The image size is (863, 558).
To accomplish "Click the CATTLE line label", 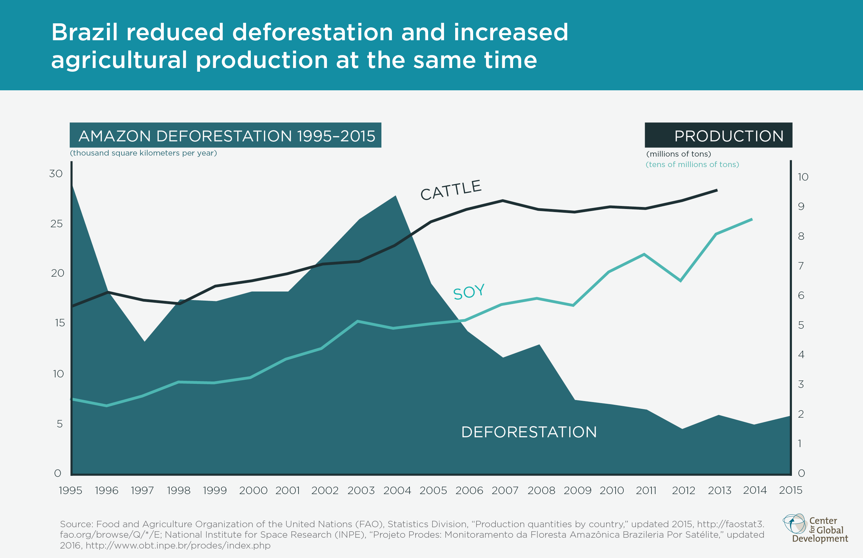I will point(451,190).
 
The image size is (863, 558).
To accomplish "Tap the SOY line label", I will point(468,292).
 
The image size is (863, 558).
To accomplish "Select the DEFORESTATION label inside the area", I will point(529,432).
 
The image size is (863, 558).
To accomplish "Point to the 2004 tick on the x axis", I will point(397,490).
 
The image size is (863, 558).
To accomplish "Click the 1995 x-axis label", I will point(70,490).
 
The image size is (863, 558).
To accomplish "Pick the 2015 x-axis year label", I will point(791,490).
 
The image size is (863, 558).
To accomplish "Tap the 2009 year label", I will point(577,490).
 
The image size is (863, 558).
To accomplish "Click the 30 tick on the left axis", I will point(56,173).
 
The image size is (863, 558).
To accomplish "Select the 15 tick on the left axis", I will point(60,323).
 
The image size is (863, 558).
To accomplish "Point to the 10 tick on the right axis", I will point(803,177).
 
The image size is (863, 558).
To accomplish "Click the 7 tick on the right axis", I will point(801,266).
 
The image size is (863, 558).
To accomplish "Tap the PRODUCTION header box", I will point(718,136).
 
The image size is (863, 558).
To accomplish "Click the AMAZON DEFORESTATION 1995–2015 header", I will point(225,136).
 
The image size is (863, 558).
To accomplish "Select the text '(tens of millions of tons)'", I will point(692,164).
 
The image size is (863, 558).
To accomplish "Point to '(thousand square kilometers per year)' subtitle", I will point(143,153).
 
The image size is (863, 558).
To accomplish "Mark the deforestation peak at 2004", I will point(396,196).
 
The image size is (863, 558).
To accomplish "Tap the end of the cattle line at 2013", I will point(717,190).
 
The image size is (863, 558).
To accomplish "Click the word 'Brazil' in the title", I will point(85,32).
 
